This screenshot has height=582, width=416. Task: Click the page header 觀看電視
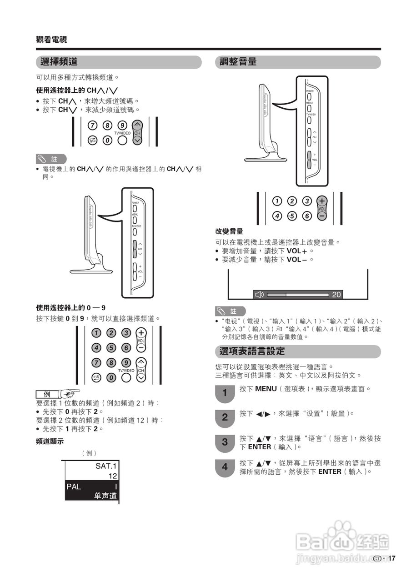(51, 40)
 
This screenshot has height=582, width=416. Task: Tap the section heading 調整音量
(238, 62)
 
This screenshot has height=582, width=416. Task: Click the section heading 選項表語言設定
(252, 351)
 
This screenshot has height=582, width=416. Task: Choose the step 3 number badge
(225, 442)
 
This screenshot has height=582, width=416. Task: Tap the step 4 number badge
(225, 467)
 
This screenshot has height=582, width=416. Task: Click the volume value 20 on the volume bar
(336, 295)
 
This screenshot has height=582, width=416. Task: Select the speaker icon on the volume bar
(259, 295)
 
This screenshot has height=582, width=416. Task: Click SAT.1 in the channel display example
(106, 466)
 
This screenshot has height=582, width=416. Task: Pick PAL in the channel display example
(74, 487)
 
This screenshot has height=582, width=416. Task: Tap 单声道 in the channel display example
(105, 496)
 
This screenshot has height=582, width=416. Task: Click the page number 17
(392, 558)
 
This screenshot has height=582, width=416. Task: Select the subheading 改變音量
(229, 231)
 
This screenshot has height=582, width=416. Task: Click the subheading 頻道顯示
(50, 441)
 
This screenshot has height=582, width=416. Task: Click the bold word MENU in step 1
(266, 389)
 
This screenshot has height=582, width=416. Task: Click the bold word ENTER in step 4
(330, 472)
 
